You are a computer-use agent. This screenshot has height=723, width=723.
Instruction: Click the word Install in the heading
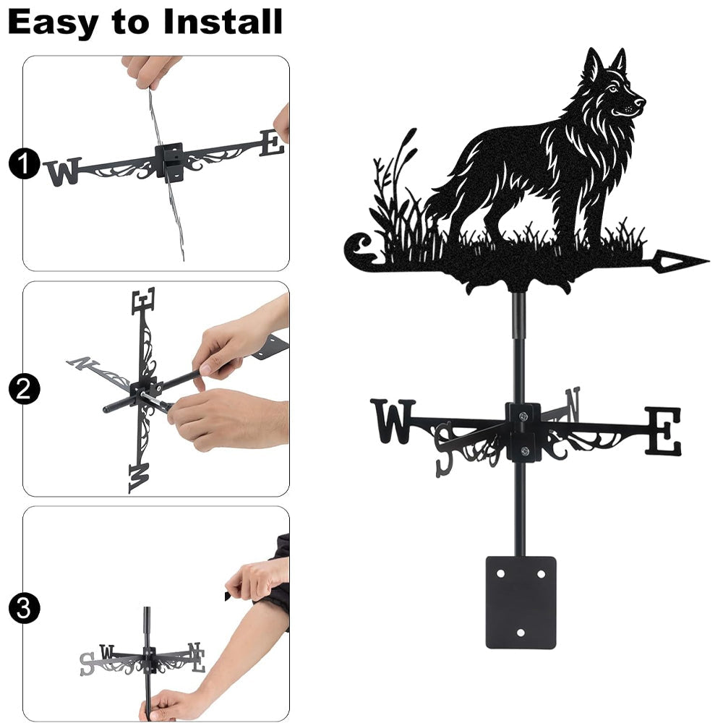(x=223, y=22)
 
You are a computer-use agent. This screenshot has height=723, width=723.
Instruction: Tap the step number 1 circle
(x=23, y=163)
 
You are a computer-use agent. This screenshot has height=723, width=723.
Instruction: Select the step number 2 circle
(x=23, y=389)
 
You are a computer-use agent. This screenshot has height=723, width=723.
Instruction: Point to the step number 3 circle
(x=23, y=609)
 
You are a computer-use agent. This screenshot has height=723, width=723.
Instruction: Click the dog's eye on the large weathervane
(x=612, y=88)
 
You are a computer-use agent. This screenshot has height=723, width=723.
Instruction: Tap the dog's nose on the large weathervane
(x=641, y=101)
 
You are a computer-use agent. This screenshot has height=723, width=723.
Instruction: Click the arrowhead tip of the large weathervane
(x=709, y=261)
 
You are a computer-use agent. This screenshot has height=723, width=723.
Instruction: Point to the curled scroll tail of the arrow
(x=359, y=249)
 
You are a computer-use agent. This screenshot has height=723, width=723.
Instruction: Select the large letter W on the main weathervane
(x=393, y=422)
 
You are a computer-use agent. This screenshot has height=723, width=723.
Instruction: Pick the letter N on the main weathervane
(x=573, y=403)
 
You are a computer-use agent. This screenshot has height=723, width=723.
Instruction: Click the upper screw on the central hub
(x=523, y=417)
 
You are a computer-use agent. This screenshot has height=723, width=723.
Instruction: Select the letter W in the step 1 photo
(x=64, y=171)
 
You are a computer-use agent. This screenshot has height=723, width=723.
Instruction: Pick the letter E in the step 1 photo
(x=272, y=142)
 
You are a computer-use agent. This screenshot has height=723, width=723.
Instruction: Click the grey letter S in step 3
(x=86, y=664)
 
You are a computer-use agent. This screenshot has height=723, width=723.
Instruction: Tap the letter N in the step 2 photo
(x=83, y=364)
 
